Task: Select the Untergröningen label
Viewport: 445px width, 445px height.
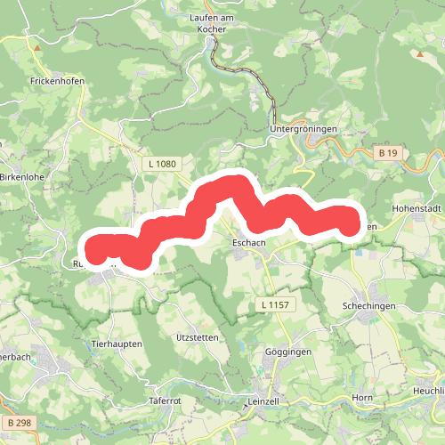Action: coord(303,129)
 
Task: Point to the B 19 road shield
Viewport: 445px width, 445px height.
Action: coord(387,154)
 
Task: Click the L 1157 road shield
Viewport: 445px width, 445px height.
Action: coord(277,305)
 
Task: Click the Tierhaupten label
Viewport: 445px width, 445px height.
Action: coord(117,343)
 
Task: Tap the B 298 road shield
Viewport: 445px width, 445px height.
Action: coord(18,421)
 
